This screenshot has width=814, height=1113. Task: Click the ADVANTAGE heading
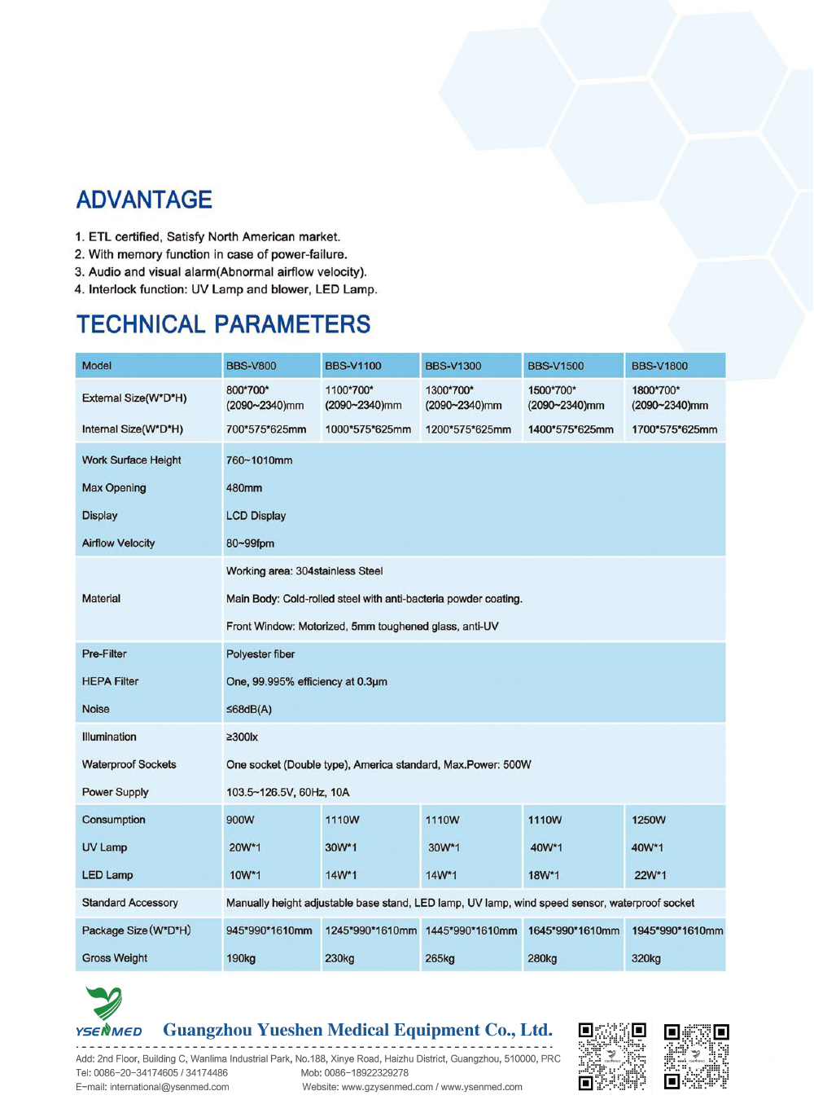(144, 200)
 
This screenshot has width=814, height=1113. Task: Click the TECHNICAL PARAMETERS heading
(223, 324)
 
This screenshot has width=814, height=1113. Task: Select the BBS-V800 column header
(252, 366)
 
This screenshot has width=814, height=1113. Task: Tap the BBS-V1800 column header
(659, 366)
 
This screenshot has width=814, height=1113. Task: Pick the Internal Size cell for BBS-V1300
(468, 429)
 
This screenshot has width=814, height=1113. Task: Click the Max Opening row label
(114, 488)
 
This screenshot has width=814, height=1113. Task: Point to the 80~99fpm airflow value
(250, 543)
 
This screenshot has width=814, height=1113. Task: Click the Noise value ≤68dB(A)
(249, 710)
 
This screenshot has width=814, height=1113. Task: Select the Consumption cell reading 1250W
(649, 820)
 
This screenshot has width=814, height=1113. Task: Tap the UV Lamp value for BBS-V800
(245, 847)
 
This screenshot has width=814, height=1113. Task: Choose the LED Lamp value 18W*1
(544, 875)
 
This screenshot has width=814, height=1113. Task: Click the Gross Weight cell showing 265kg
(440, 958)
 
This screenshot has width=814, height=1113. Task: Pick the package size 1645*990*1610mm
(573, 930)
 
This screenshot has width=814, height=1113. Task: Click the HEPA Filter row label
(110, 681)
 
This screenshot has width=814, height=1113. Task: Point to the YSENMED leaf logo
(105, 1004)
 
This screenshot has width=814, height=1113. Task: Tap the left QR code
(612, 1056)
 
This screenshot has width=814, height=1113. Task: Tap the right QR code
(696, 1056)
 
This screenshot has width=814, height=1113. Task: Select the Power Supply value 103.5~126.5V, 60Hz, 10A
(288, 792)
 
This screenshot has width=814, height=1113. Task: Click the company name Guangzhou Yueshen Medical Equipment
(357, 1030)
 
